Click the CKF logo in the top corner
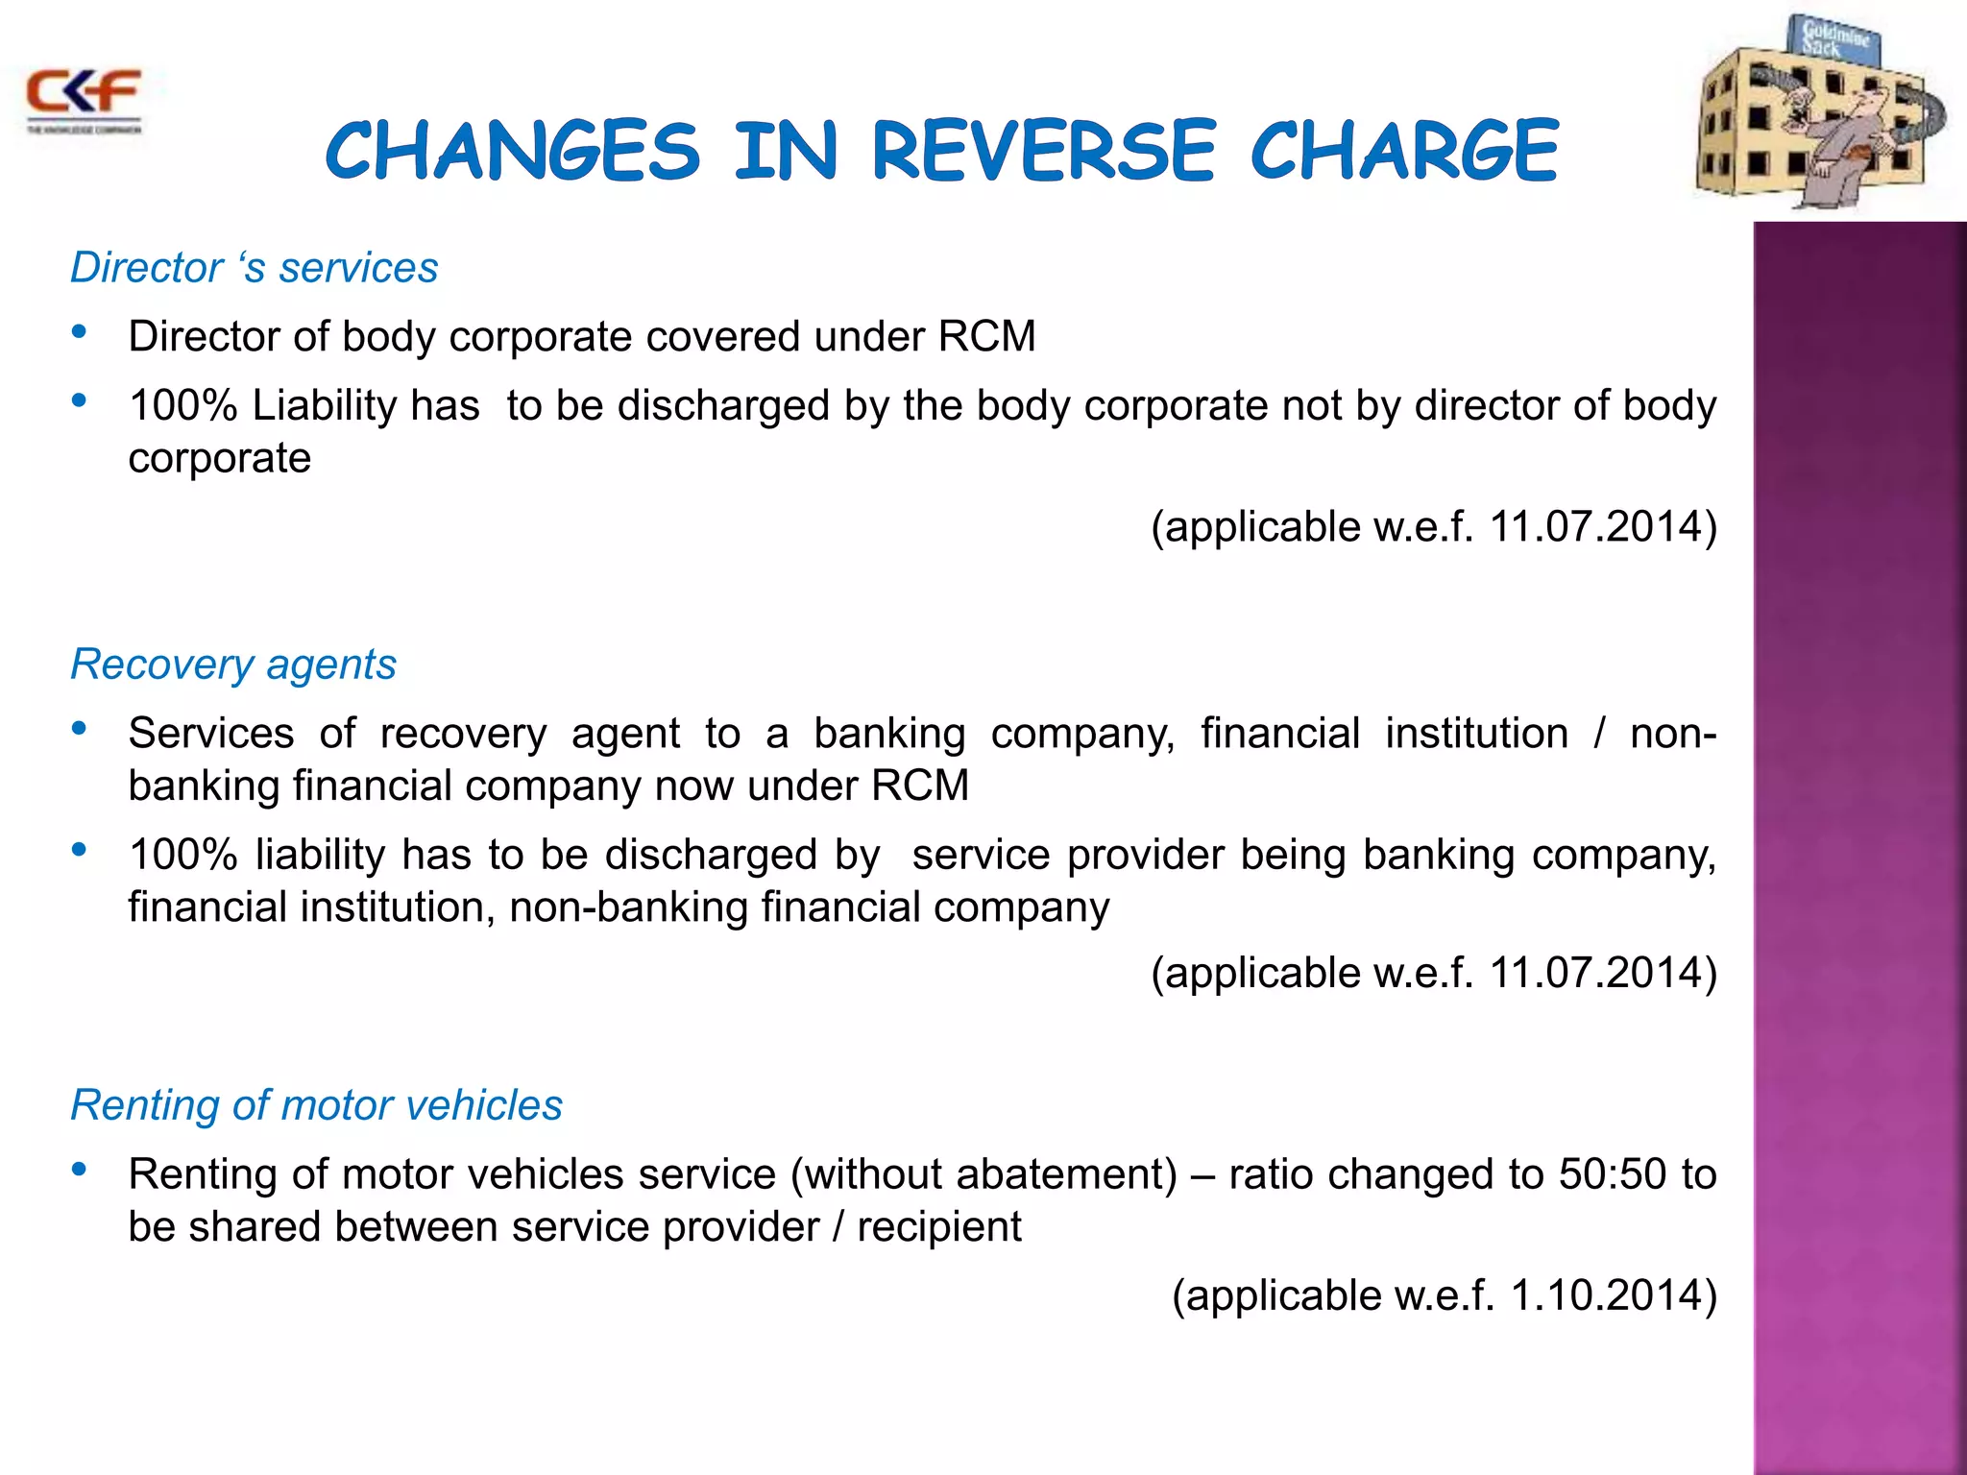pyautogui.click(x=84, y=98)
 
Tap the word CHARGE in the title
pyautogui.click(x=1404, y=151)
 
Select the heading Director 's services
pyautogui.click(x=255, y=268)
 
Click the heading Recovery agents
pyautogui.click(x=233, y=665)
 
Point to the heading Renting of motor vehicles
pyautogui.click(x=316, y=1105)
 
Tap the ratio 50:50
pyautogui.click(x=1611, y=1174)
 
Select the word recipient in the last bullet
pyautogui.click(x=938, y=1227)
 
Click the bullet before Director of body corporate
pyautogui.click(x=80, y=332)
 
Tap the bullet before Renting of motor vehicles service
pyautogui.click(x=80, y=1170)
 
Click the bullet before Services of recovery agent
pyautogui.click(x=80, y=729)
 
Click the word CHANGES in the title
pyautogui.click(x=513, y=151)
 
